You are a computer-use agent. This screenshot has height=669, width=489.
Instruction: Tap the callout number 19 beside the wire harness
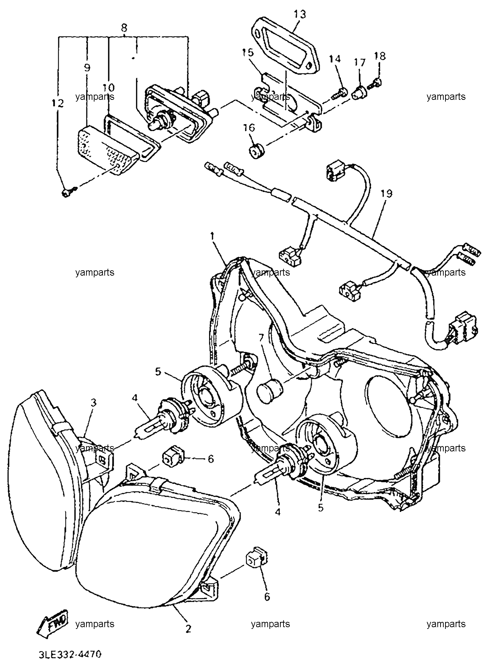pos(387,193)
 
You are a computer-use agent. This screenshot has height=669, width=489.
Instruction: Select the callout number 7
pos(261,338)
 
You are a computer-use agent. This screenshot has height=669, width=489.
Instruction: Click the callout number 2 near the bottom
pos(189,628)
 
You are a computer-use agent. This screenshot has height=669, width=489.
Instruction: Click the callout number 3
pos(93,403)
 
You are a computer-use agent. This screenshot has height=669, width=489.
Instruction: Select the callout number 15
pos(247,53)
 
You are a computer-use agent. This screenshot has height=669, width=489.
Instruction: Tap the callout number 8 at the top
pos(124,27)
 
